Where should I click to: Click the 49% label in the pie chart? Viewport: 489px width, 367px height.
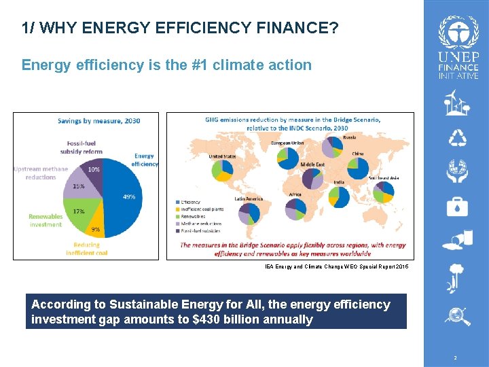coord(128,197)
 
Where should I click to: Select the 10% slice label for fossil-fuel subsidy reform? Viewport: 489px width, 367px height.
coord(94,169)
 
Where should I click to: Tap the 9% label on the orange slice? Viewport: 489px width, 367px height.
coord(96,229)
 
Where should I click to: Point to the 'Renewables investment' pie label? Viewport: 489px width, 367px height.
coord(46,220)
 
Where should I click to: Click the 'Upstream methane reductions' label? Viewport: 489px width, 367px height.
coord(41,173)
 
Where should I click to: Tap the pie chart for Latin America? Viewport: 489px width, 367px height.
coord(249,213)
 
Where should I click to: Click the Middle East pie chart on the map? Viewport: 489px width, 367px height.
coord(312,179)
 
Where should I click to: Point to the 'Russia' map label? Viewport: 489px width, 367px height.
coord(349,137)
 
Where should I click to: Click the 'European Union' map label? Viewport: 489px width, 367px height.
coord(287,143)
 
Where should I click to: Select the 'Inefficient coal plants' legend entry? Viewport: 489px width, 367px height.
coord(202,209)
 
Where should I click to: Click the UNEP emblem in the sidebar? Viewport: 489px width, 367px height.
coord(458,31)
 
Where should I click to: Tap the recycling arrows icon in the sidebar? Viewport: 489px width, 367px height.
coord(458,138)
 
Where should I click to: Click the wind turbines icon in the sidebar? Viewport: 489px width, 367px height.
coord(458,105)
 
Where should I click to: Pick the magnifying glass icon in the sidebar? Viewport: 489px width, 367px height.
coord(458,315)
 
